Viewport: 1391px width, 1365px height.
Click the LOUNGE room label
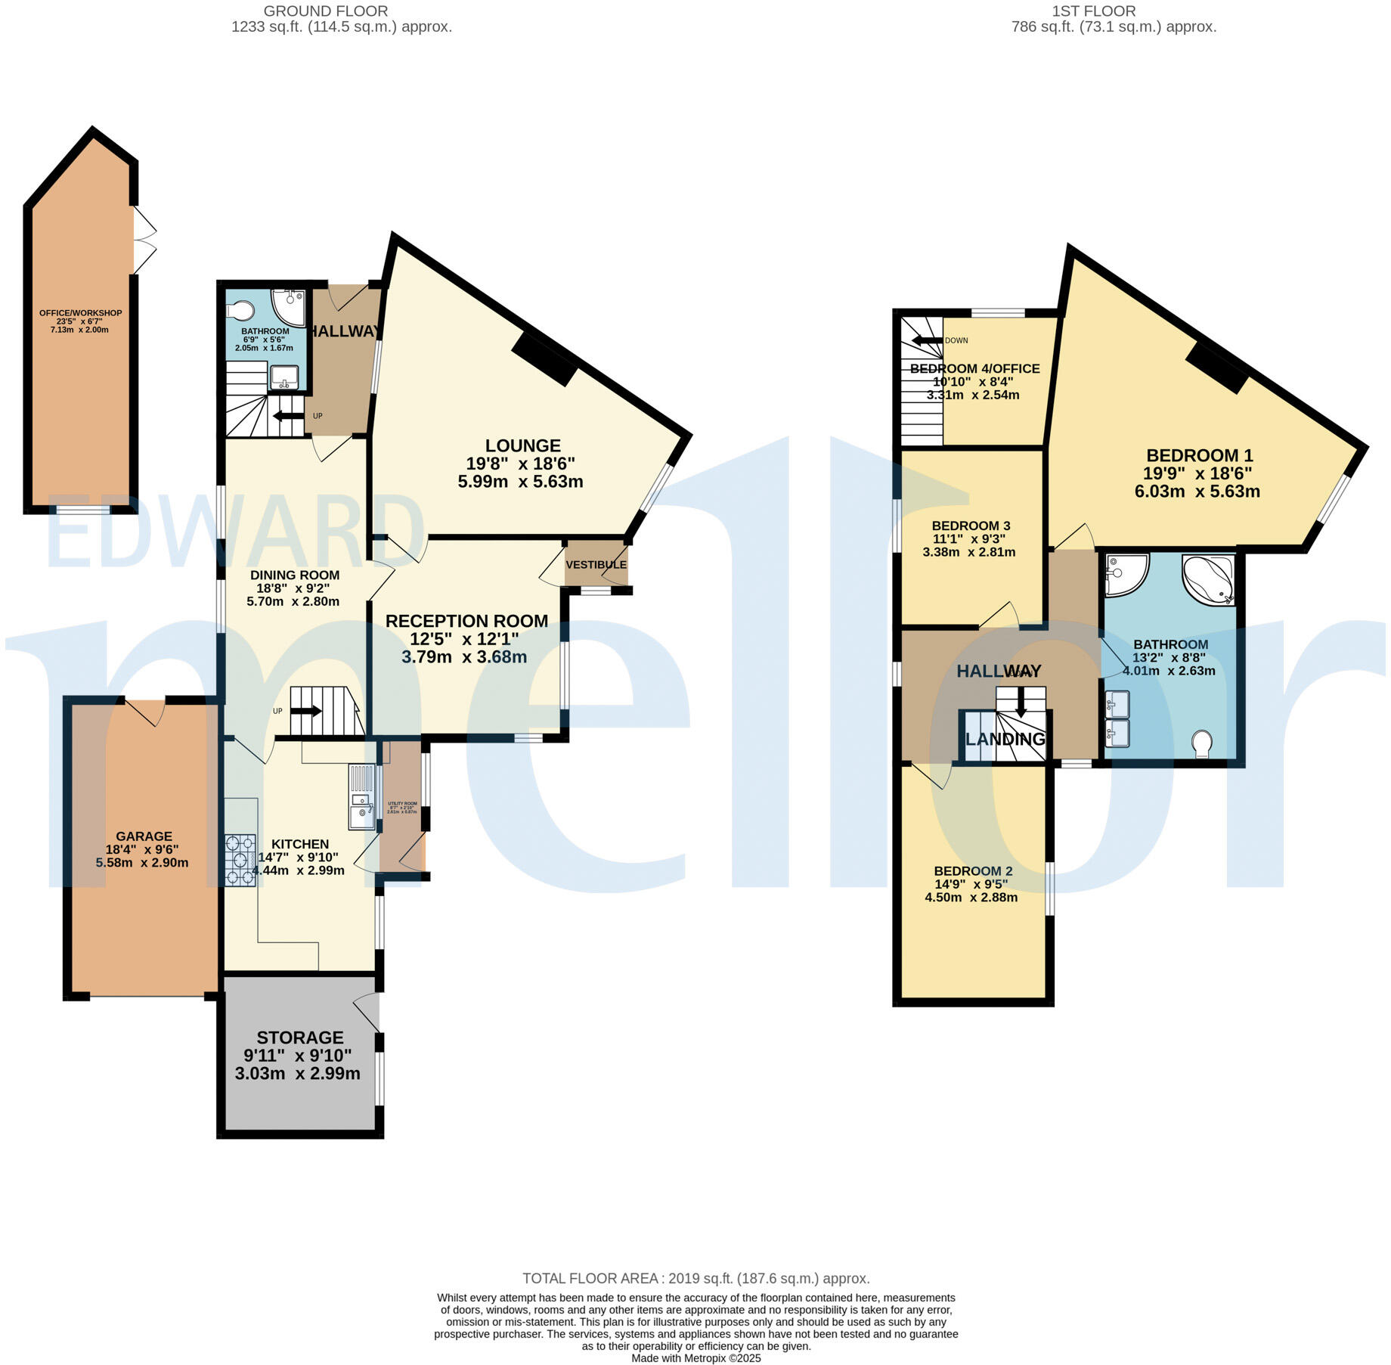[522, 446]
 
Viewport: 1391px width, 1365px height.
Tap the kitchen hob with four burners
[240, 860]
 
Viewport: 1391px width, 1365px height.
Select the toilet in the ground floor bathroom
[241, 311]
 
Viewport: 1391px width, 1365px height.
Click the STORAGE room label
[299, 1038]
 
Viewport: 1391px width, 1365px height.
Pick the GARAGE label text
[144, 836]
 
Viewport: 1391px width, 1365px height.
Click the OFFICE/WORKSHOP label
[80, 313]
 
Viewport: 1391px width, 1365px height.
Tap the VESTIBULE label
[596, 565]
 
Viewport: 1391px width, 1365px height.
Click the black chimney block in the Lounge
[544, 359]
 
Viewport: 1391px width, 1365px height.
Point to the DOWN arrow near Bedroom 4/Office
[928, 340]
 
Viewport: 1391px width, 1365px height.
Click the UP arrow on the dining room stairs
[306, 711]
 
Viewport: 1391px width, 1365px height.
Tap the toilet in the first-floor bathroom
[1201, 742]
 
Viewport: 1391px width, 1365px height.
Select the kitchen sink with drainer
[362, 798]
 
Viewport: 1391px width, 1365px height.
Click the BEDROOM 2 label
[972, 871]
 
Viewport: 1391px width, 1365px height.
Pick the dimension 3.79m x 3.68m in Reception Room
[463, 657]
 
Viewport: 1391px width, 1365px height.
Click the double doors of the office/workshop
[144, 240]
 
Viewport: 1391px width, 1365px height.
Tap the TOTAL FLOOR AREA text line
[695, 1279]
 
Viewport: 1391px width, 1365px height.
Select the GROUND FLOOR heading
[326, 11]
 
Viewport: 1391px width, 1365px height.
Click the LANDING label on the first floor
[1005, 739]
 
